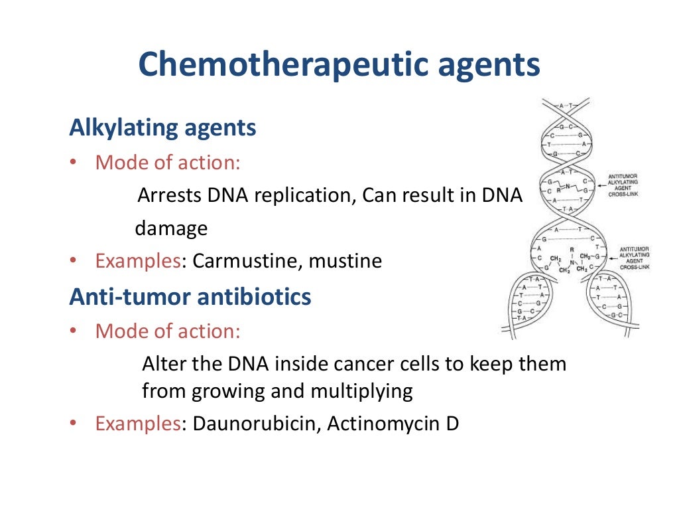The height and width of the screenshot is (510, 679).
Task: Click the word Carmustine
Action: tap(247, 261)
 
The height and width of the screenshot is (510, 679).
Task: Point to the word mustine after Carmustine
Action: tap(345, 261)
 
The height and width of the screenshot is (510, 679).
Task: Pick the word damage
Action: tap(171, 229)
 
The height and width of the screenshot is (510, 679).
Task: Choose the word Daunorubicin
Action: tap(257, 424)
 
